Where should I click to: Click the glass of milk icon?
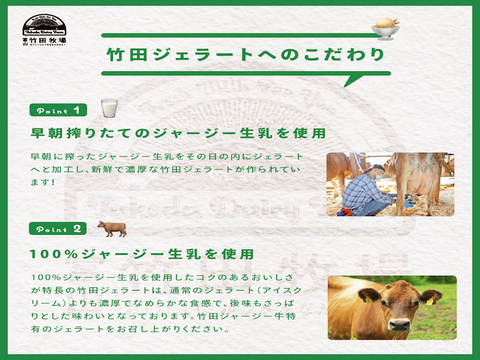point(108,107)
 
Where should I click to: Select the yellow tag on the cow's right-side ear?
point(433,298)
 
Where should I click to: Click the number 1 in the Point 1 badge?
point(77,108)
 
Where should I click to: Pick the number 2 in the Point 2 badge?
point(77,229)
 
